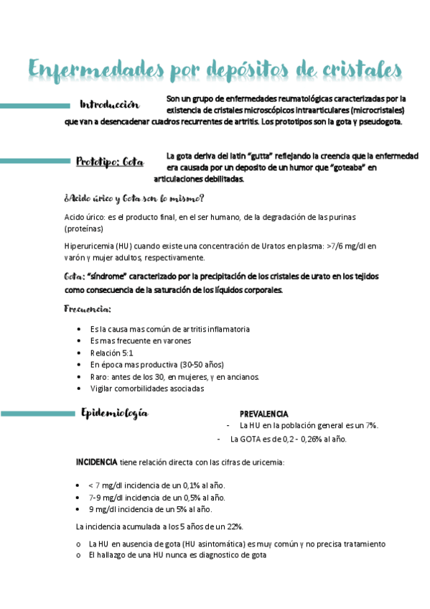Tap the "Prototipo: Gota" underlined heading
(x=110, y=162)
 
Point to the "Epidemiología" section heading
(x=115, y=413)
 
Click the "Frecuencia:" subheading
(x=88, y=309)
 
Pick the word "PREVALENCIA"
(x=263, y=414)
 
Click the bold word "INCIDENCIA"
(x=98, y=462)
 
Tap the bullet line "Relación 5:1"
(x=112, y=353)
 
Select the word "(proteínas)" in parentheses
(x=84, y=228)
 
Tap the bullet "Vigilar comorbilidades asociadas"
(x=146, y=389)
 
